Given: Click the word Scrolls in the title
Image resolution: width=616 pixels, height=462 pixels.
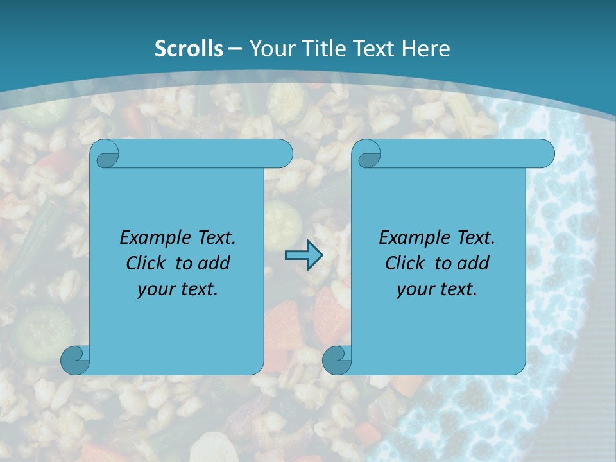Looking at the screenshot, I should (x=189, y=48).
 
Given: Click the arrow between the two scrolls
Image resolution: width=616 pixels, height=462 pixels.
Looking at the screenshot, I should (x=304, y=255).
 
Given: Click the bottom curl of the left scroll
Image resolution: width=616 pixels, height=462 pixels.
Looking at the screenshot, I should (x=74, y=359).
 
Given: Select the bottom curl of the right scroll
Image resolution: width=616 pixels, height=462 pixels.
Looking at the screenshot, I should (x=336, y=359).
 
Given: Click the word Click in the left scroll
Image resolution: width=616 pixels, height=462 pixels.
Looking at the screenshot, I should (x=146, y=263).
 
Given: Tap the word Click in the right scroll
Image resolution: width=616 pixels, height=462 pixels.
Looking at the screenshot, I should (x=405, y=263).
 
